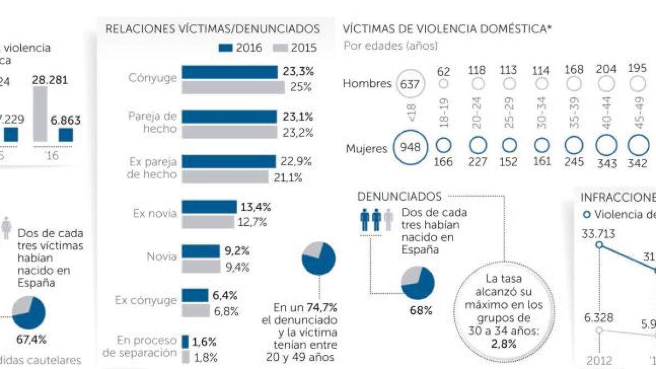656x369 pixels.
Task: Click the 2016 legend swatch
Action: pos(226,48)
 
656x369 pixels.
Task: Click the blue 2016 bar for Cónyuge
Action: pos(230,72)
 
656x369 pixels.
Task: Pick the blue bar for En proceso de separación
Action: pos(185,342)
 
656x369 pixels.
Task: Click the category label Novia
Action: pos(162,257)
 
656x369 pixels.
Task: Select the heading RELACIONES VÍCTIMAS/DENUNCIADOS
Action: pos(213,28)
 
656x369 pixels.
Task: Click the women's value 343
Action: pos(606,163)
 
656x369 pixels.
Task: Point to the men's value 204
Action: pos(606,69)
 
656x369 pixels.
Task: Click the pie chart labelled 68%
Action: pos(418,282)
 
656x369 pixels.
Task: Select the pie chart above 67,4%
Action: pos(28,313)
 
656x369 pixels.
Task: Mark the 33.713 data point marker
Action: pos(599,245)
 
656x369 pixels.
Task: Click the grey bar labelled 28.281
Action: pos(40,114)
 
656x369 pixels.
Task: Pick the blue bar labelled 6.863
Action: pos(66,135)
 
